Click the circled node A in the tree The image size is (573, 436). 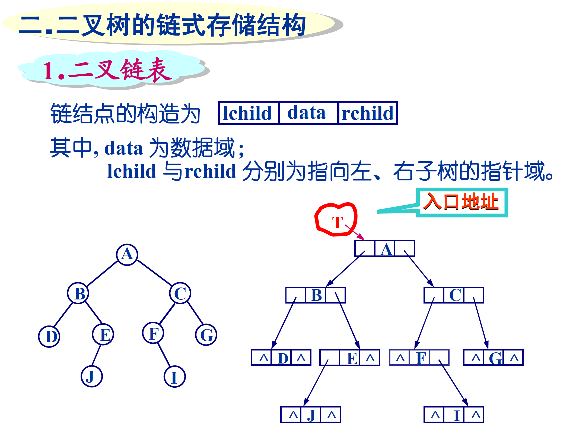pyautogui.click(x=127, y=255)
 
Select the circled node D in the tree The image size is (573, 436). pyautogui.click(x=49, y=337)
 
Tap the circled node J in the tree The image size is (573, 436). pyautogui.click(x=92, y=377)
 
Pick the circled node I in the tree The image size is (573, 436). pyautogui.click(x=175, y=377)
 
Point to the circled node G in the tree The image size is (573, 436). pyautogui.click(x=206, y=335)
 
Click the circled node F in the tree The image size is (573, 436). pyautogui.click(x=153, y=333)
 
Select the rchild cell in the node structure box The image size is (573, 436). pyautogui.click(x=368, y=113)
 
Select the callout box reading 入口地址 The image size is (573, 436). pyautogui.click(x=462, y=202)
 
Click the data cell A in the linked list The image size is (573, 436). pyautogui.click(x=385, y=249)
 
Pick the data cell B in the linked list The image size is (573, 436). pyautogui.click(x=316, y=295)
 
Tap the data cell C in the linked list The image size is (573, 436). pyautogui.click(x=454, y=295)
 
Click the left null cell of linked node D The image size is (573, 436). pyautogui.click(x=262, y=358)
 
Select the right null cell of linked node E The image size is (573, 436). pyautogui.click(x=370, y=358)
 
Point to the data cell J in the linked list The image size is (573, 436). pyautogui.click(x=311, y=415)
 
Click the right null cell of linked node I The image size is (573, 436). pyautogui.click(x=474, y=415)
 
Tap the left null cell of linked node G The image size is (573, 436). pyautogui.click(x=474, y=358)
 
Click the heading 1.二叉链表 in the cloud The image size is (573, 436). pyautogui.click(x=107, y=70)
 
